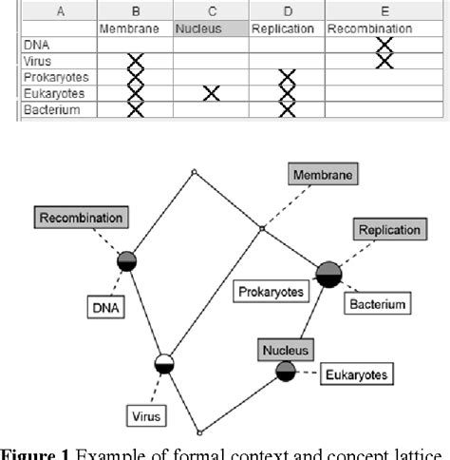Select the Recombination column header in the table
click(x=369, y=29)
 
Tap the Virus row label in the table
click(x=38, y=62)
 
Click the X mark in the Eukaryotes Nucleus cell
click(x=210, y=92)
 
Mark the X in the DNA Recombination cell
click(x=383, y=45)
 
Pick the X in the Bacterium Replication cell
click(x=288, y=108)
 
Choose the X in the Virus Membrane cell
click(x=136, y=62)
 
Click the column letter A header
click(x=61, y=11)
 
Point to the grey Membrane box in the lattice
click(x=323, y=175)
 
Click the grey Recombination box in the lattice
click(x=82, y=218)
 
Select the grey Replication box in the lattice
click(x=389, y=231)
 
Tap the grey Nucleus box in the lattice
click(x=286, y=351)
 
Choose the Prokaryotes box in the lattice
click(x=272, y=292)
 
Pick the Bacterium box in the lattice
click(x=377, y=304)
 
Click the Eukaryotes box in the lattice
click(x=356, y=374)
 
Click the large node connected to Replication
click(x=328, y=273)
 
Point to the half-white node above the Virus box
click(x=165, y=362)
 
